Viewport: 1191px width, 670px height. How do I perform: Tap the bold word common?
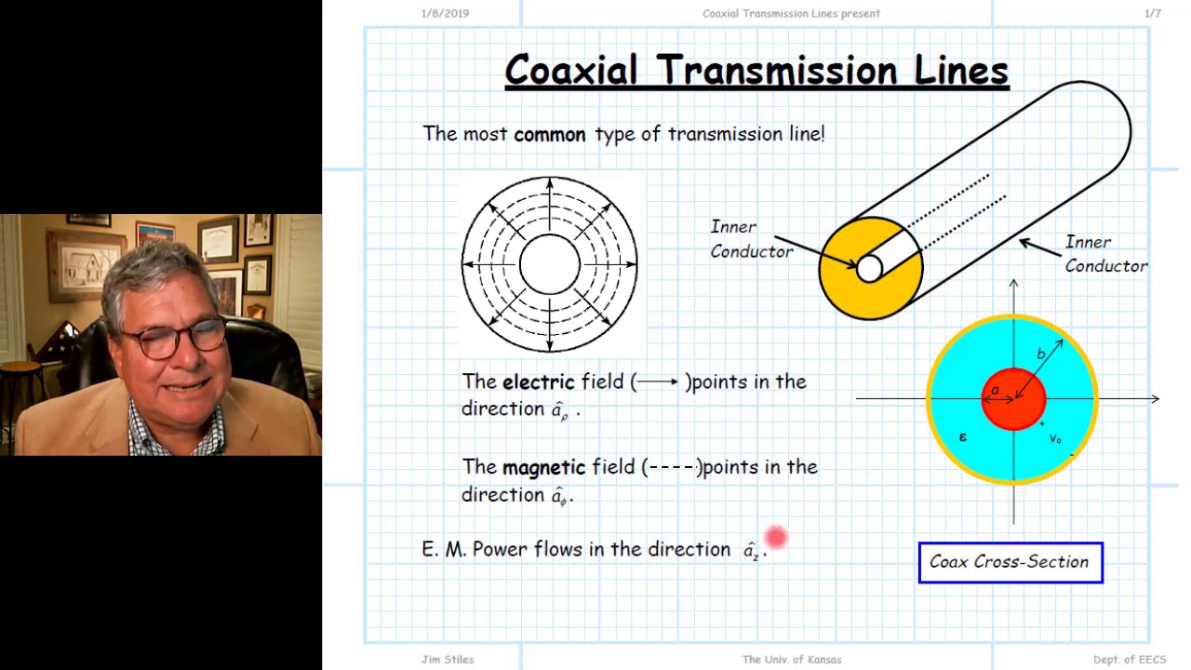(x=549, y=134)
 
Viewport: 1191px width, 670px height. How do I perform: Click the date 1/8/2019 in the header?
(x=445, y=13)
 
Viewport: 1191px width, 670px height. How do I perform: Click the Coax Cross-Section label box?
(x=1010, y=562)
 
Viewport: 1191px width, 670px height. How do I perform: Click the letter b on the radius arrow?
(x=1041, y=354)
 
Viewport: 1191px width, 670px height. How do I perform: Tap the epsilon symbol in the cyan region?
(x=962, y=435)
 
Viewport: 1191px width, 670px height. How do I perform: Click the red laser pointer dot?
(x=776, y=537)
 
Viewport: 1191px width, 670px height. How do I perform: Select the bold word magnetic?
(x=543, y=467)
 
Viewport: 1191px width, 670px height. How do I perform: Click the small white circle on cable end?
(x=869, y=269)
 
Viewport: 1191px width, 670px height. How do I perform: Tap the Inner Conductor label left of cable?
(x=751, y=239)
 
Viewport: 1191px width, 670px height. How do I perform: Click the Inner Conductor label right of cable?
(x=1105, y=254)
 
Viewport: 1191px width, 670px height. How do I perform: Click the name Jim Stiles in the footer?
(x=448, y=660)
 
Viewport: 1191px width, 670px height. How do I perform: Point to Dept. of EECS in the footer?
(x=1129, y=660)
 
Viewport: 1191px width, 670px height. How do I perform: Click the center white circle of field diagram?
(x=549, y=264)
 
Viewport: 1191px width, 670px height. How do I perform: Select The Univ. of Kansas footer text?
(x=791, y=660)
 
